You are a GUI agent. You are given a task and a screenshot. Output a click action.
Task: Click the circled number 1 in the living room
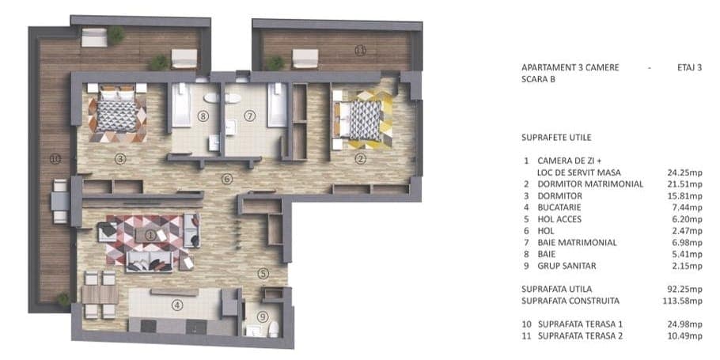click(150, 235)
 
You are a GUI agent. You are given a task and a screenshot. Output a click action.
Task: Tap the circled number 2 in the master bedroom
click(361, 159)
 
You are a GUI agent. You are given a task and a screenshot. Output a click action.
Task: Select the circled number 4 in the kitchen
click(176, 304)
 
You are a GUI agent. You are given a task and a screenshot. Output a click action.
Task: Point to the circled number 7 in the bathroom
click(249, 116)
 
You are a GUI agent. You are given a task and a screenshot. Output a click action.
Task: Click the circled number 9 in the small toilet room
click(262, 316)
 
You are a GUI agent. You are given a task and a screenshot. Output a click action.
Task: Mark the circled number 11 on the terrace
click(361, 51)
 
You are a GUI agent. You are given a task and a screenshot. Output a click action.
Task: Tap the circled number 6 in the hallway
click(226, 179)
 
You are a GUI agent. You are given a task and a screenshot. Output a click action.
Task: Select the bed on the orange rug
click(117, 112)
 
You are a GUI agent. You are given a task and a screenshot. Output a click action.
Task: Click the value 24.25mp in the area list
click(684, 172)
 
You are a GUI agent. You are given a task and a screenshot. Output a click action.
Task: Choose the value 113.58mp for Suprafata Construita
click(683, 301)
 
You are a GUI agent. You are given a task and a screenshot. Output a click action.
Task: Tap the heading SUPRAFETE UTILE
click(556, 138)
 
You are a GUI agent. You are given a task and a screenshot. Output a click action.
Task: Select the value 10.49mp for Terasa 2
click(684, 336)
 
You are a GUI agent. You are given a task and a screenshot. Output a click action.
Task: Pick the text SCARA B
click(538, 79)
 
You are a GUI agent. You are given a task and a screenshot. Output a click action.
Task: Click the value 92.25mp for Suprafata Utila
click(684, 290)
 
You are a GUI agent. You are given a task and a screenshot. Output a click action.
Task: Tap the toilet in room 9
click(274, 329)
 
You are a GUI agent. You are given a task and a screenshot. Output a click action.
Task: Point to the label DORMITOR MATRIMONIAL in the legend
click(590, 184)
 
